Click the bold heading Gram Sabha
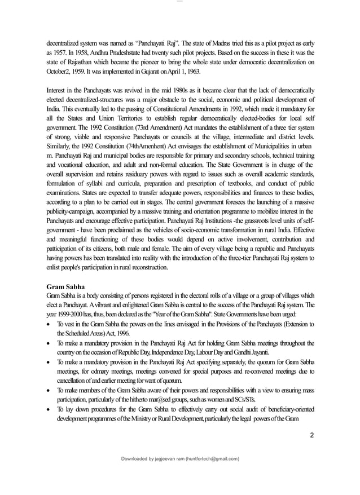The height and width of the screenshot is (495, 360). click(65, 286)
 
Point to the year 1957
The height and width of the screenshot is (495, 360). click(56, 53)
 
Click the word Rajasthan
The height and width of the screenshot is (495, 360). click(77, 63)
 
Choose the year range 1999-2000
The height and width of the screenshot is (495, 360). click(74, 315)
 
